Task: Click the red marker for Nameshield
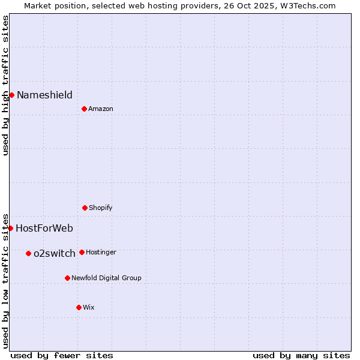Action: pyautogui.click(x=11, y=95)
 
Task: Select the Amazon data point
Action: pyautogui.click(x=84, y=109)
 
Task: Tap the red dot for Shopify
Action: pyautogui.click(x=85, y=208)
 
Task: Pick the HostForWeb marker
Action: pyautogui.click(x=10, y=228)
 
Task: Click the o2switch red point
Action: pyautogui.click(x=28, y=253)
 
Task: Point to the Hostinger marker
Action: pyautogui.click(x=82, y=252)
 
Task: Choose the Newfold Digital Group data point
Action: pyautogui.click(x=67, y=278)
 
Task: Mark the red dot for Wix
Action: pyautogui.click(x=79, y=307)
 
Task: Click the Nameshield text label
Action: pyautogui.click(x=44, y=95)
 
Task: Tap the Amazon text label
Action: pyautogui.click(x=101, y=109)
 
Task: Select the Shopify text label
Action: pyautogui.click(x=101, y=208)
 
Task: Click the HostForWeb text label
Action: pyautogui.click(x=44, y=228)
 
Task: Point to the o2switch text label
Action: pyautogui.click(x=55, y=253)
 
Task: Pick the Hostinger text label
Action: pyautogui.click(x=101, y=252)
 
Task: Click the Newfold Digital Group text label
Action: pyautogui.click(x=106, y=278)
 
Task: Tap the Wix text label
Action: pyautogui.click(x=89, y=307)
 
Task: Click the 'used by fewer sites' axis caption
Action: pyautogui.click(x=62, y=355)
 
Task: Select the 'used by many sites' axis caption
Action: pyautogui.click(x=301, y=355)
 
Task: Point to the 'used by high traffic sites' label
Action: pyautogui.click(x=6, y=85)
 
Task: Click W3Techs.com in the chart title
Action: pyautogui.click(x=307, y=5)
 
